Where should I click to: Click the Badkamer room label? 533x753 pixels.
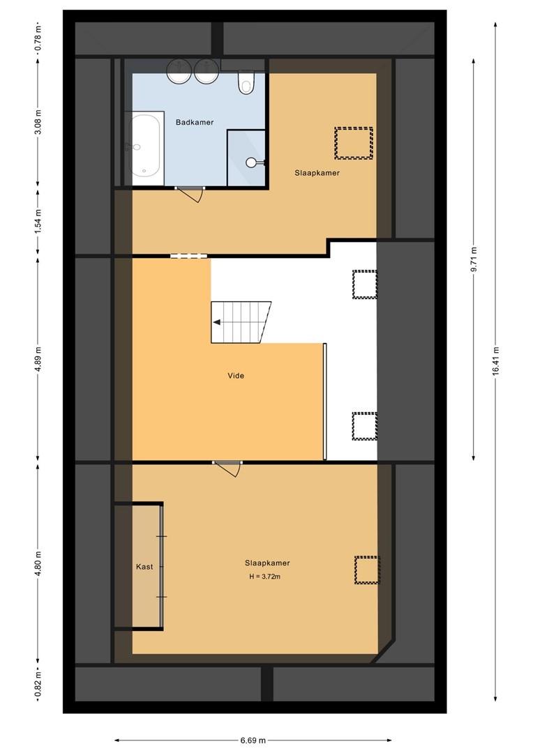(x=195, y=123)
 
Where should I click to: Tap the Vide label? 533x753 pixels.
(x=236, y=376)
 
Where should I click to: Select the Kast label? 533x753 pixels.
(x=144, y=567)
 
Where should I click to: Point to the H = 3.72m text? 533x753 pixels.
(x=265, y=577)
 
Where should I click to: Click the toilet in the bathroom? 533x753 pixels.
(x=246, y=82)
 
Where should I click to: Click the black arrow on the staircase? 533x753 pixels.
(x=217, y=322)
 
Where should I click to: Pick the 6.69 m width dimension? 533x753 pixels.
(x=253, y=740)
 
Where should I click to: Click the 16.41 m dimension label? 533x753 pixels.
(x=495, y=360)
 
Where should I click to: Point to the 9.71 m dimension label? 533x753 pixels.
(x=474, y=259)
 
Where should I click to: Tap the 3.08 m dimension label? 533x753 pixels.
(x=38, y=122)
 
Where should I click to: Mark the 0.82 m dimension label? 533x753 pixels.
(x=38, y=683)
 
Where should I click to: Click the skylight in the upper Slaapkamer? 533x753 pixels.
(x=354, y=143)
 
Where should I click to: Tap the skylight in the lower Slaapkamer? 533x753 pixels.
(x=367, y=570)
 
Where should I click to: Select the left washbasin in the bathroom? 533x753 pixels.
(x=179, y=70)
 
